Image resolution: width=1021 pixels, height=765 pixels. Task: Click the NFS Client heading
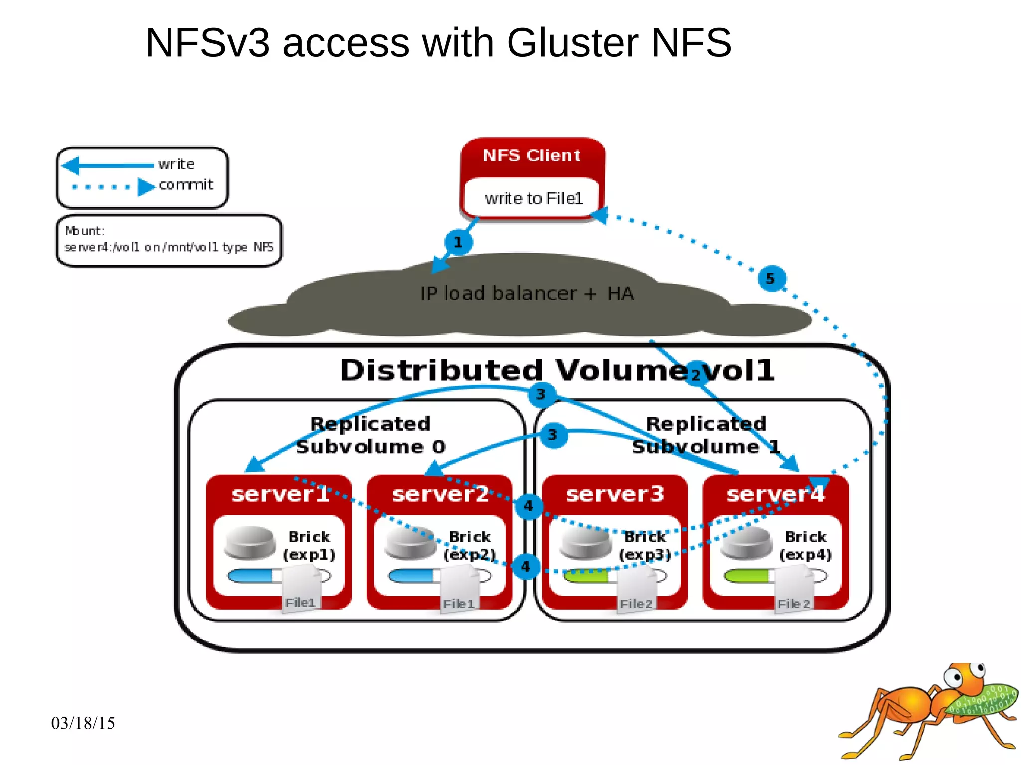531,155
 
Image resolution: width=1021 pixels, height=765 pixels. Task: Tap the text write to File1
533,198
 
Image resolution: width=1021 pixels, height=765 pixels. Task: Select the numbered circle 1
458,242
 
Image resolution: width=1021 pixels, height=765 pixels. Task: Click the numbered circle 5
771,278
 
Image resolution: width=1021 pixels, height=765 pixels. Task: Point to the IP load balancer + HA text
526,294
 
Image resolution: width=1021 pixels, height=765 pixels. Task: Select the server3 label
615,494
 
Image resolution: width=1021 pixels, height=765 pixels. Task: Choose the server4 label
775,494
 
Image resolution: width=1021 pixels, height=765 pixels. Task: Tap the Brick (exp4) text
805,545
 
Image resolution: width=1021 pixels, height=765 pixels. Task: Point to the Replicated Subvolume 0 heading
370,435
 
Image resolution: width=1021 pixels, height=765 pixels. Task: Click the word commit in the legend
185,185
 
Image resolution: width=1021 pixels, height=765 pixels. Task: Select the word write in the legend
176,164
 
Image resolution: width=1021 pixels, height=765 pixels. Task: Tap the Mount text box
169,240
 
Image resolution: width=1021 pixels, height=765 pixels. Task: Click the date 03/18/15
83,723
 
